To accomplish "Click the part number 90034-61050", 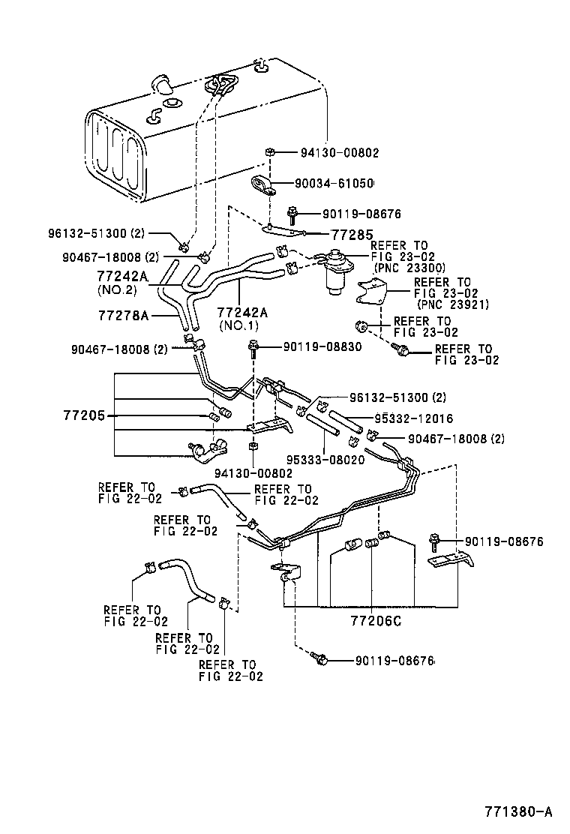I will click(x=334, y=183).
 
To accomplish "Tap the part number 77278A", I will click(x=123, y=316).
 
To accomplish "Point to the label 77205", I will click(x=85, y=415).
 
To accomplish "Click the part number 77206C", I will click(x=376, y=622).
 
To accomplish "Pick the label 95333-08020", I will click(x=325, y=460).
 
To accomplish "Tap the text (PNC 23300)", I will click(x=409, y=267).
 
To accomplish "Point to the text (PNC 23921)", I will click(x=452, y=304).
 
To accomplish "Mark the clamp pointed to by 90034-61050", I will click(x=262, y=184).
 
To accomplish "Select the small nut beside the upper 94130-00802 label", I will click(x=268, y=153).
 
